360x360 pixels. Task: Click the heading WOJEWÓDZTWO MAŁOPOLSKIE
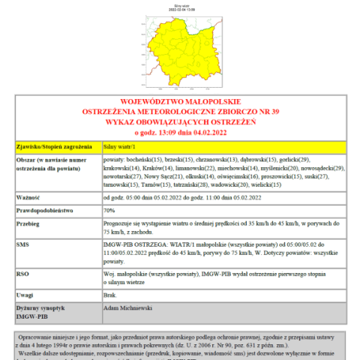(180, 101)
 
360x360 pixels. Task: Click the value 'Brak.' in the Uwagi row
(110, 295)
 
